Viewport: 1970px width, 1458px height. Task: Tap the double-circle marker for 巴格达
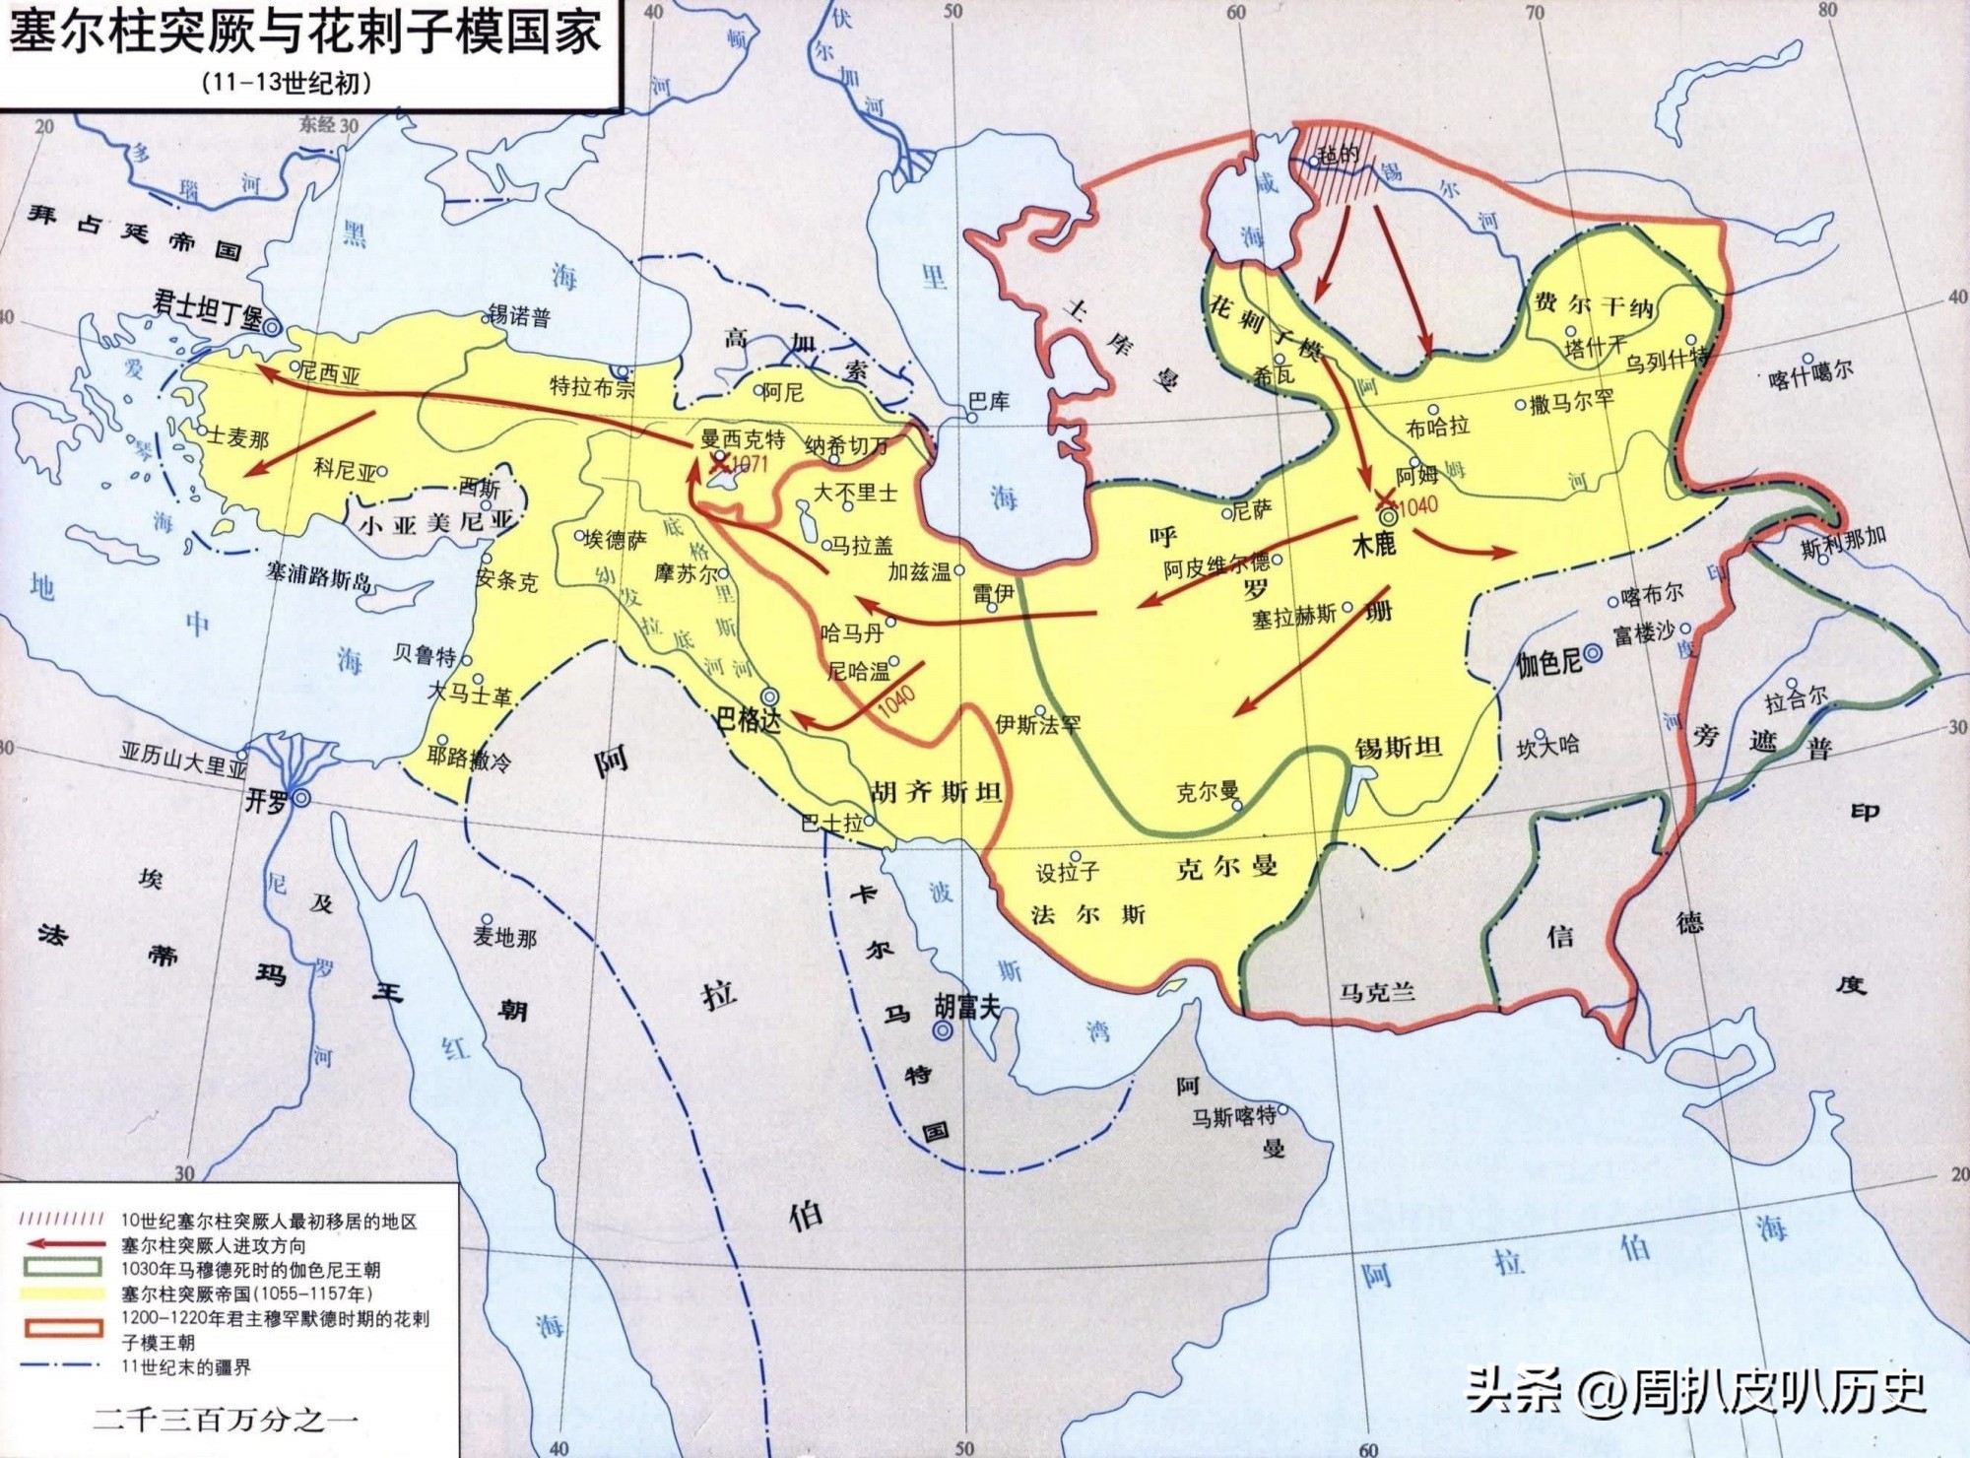(770, 696)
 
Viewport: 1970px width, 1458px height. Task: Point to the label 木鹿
(1373, 544)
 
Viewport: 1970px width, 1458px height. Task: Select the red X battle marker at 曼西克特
(720, 461)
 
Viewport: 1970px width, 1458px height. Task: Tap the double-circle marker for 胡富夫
(943, 1030)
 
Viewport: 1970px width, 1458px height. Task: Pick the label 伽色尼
(1548, 663)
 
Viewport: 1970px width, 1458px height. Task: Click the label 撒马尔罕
(1572, 402)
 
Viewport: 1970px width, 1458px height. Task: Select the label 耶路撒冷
(469, 759)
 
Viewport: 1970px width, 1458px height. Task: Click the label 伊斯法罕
(1037, 724)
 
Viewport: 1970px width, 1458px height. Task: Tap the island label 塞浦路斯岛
(319, 575)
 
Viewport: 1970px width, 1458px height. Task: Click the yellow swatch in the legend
(62, 1292)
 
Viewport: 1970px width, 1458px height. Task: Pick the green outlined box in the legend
(62, 1269)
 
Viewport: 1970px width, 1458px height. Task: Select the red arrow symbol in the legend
(62, 1245)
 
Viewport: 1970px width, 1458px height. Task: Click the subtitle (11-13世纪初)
(287, 83)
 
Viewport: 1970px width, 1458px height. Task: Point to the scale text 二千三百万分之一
(227, 1420)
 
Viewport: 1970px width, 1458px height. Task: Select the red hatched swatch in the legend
(62, 1221)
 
